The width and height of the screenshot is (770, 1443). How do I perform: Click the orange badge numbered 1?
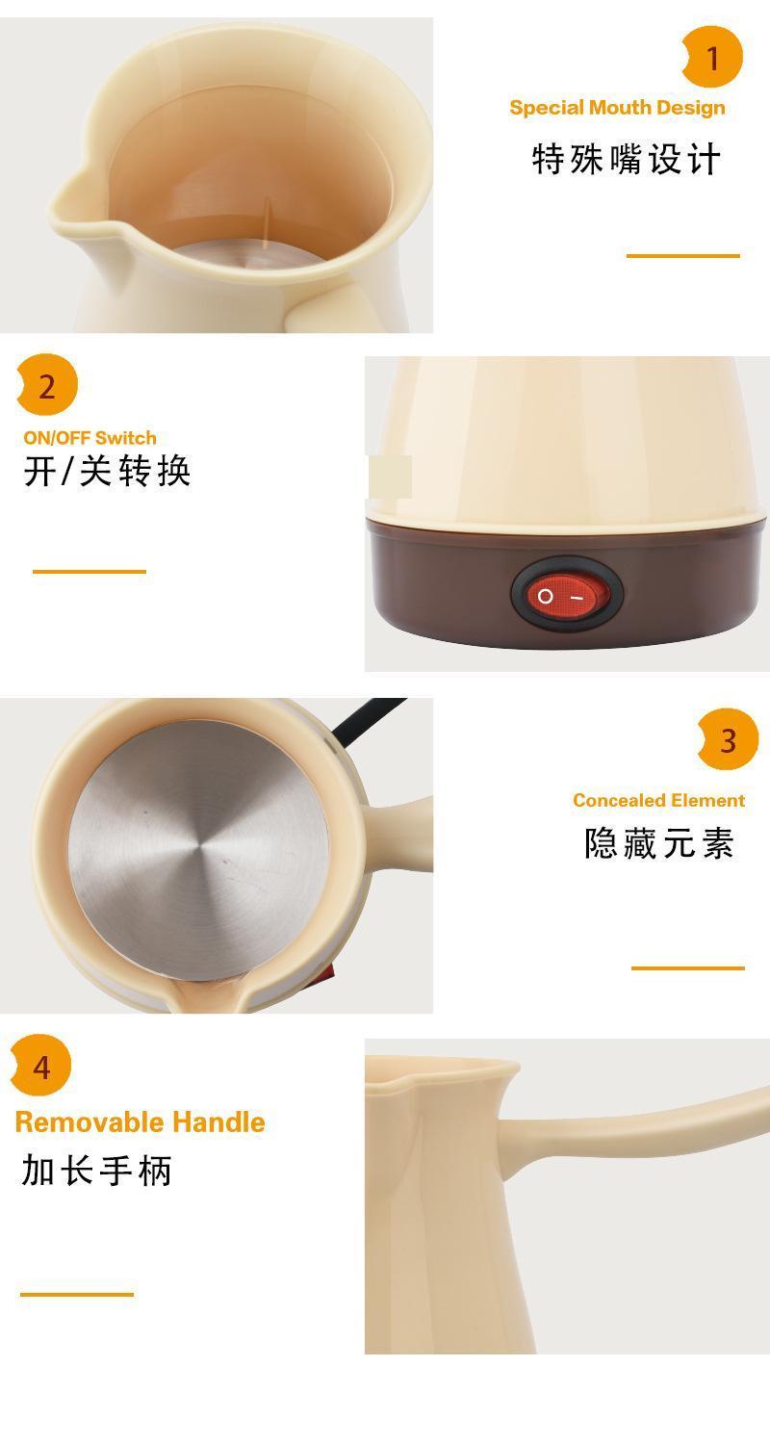(x=712, y=57)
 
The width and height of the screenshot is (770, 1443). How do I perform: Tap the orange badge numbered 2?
(x=47, y=385)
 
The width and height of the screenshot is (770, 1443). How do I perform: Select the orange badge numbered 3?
(x=728, y=739)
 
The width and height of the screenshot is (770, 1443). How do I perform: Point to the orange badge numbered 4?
(x=41, y=1065)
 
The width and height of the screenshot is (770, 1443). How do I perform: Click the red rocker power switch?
(x=568, y=595)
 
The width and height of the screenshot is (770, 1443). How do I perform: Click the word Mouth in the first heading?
(x=618, y=108)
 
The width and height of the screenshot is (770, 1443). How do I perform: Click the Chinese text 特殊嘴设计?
(x=626, y=159)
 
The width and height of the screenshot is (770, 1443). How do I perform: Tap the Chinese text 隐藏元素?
(x=658, y=842)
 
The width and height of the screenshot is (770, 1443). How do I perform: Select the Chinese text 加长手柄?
(x=96, y=1170)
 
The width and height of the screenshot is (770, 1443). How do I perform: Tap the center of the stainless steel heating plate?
(x=198, y=850)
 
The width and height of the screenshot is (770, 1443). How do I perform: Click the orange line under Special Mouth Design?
(x=683, y=256)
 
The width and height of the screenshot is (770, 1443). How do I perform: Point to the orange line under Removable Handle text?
(x=77, y=1294)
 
